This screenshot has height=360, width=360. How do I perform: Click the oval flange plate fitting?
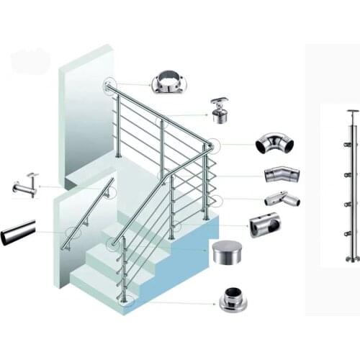point(168,82)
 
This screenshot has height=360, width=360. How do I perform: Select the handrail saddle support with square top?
point(219,110)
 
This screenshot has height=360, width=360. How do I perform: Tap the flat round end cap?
point(229,252)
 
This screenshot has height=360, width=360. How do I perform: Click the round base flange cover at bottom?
point(233,299)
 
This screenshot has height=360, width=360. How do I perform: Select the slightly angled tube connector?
point(281,174)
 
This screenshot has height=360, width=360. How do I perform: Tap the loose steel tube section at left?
point(18,232)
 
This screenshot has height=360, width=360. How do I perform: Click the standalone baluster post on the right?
point(351,187)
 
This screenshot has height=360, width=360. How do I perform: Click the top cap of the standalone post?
point(351,113)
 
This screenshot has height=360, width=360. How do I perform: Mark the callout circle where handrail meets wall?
point(109,86)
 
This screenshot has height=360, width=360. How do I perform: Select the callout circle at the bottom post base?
point(127,301)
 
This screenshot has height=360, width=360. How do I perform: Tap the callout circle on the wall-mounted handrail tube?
point(73,232)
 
